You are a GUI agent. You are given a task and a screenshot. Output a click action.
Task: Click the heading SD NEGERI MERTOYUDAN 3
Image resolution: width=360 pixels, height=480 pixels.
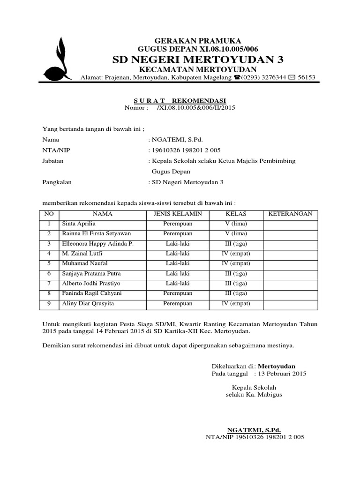click(198, 60)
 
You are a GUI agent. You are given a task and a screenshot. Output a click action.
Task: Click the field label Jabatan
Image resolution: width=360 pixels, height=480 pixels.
click(53, 161)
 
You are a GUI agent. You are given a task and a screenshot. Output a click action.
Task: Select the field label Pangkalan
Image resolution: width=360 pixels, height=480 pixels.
click(57, 182)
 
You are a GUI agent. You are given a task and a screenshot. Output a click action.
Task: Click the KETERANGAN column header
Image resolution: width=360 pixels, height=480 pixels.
click(290, 214)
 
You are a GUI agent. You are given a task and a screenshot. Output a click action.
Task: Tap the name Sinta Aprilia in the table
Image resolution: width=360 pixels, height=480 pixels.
click(79, 224)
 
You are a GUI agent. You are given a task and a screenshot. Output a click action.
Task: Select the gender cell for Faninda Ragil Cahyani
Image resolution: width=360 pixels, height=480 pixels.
click(178, 293)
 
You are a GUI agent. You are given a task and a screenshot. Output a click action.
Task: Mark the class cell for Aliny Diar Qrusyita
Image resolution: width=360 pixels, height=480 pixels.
click(236, 303)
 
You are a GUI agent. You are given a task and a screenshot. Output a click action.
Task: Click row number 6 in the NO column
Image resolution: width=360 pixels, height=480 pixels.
click(48, 274)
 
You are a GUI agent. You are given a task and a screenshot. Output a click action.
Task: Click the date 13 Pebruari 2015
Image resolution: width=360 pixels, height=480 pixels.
click(279, 374)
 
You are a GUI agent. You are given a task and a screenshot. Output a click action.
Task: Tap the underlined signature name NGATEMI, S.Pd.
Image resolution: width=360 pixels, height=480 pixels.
click(254, 430)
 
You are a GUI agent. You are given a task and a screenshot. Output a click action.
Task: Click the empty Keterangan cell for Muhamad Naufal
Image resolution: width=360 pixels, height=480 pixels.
click(290, 263)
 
